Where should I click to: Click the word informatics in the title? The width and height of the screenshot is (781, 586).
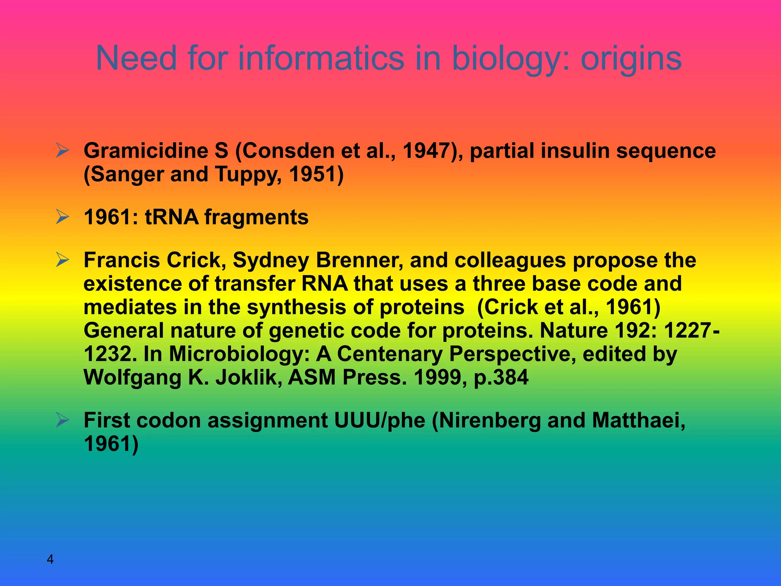[321, 58]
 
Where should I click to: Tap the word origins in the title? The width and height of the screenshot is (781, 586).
[631, 58]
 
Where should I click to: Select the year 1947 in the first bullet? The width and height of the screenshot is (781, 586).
[427, 151]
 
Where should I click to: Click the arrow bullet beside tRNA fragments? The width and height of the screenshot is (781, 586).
[62, 217]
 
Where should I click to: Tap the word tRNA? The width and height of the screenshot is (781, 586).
[172, 217]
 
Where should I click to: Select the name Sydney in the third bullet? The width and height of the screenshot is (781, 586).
[271, 261]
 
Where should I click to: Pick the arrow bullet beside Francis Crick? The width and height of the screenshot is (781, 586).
[62, 260]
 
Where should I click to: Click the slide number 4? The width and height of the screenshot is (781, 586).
[50, 560]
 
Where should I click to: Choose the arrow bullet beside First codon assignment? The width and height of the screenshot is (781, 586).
[62, 420]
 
